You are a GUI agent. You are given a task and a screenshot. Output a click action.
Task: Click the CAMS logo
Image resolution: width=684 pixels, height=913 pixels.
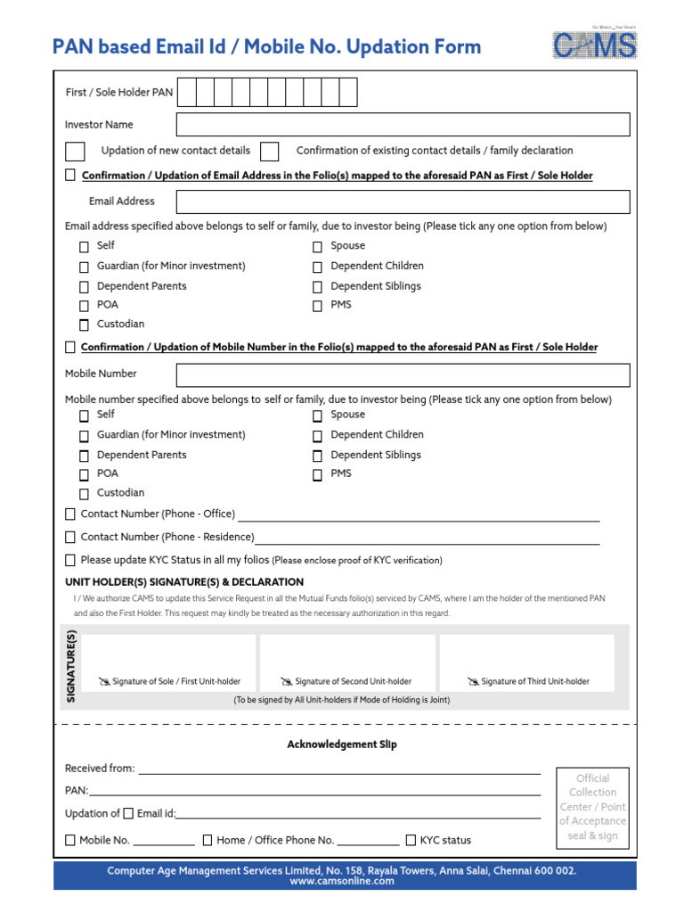[x=595, y=45]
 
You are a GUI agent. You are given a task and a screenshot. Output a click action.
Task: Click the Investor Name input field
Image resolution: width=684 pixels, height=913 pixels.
[x=403, y=125]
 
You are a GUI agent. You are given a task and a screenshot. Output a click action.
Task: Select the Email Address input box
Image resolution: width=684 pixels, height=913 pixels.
[x=403, y=202]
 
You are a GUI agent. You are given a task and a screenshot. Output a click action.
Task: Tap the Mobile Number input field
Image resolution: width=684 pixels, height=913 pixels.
[x=403, y=374]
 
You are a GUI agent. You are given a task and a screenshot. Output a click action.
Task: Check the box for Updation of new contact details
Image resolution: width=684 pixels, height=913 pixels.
[x=76, y=151]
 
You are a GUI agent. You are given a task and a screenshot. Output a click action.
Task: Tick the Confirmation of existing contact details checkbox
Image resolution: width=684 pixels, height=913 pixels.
[x=270, y=151]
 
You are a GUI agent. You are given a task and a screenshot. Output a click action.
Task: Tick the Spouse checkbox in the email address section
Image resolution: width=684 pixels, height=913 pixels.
[x=317, y=247]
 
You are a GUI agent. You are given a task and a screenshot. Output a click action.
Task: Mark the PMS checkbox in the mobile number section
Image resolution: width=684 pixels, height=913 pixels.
[x=317, y=475]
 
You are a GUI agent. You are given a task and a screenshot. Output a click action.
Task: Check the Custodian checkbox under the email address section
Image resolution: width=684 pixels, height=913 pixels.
[x=84, y=325]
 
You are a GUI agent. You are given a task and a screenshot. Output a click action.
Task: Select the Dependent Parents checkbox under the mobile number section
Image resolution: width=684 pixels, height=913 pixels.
[x=84, y=456]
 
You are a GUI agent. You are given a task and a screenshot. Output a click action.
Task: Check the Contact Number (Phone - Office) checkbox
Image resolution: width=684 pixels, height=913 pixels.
[x=70, y=514]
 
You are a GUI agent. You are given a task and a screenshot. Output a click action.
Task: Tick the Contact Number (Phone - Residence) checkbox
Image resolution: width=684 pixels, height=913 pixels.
[x=70, y=538]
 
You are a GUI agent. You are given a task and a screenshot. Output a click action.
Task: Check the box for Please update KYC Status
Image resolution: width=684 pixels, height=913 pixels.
[x=70, y=561]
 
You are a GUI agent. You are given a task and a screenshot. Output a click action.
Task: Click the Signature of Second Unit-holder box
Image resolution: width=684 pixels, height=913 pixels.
[x=347, y=663]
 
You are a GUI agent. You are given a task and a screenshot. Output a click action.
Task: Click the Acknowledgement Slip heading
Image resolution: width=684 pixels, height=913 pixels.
[x=342, y=744]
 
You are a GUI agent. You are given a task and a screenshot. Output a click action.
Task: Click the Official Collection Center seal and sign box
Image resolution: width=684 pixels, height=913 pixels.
[x=592, y=807]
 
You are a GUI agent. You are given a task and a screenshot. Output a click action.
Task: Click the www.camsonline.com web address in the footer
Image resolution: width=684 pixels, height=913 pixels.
[x=342, y=881]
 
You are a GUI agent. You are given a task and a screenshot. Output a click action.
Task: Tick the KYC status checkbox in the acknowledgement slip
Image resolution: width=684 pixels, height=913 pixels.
[x=411, y=840]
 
